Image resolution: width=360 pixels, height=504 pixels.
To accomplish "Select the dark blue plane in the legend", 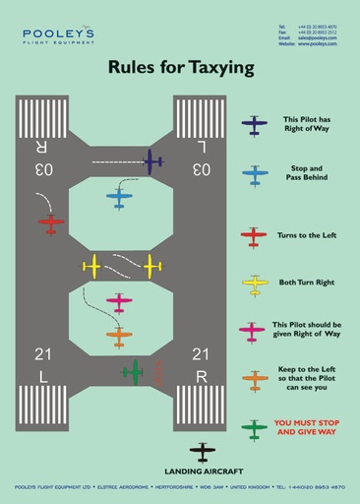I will pos(255,126).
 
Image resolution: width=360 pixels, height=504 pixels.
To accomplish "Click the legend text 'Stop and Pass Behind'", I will pos(306,174).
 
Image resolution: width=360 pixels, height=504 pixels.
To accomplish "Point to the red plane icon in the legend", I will pos(254,236).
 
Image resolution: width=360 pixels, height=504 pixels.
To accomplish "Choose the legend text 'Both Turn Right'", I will pos(306,283).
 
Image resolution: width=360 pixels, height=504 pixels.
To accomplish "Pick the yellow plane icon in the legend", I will pos(255,285).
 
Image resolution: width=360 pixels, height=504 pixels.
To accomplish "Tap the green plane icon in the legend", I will pos(255,428).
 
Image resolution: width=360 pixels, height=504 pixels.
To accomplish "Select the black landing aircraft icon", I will pos(203,453).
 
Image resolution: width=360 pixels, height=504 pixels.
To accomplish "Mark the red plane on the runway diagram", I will pos(51,223).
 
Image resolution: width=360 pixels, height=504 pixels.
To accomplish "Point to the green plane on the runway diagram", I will pos(132,373).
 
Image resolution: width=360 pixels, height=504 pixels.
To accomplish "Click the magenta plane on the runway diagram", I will pos(120,301).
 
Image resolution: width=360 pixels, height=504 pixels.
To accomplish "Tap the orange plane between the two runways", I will pos(120,337).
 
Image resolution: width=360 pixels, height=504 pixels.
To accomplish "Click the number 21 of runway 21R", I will pos(201,355).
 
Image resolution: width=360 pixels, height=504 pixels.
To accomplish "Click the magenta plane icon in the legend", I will pos(254,331).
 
